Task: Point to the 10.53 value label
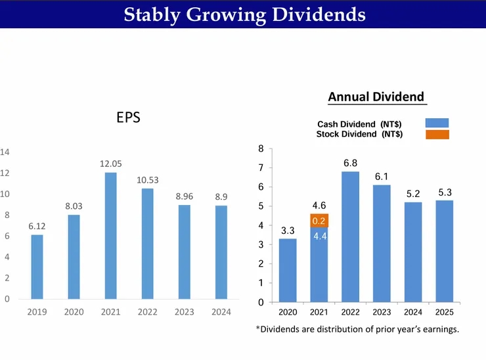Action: tap(148, 180)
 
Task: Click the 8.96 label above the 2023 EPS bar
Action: tap(185, 196)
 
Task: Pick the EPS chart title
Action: tap(128, 118)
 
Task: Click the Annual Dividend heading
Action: tap(376, 97)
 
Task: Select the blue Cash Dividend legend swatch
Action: tap(437, 123)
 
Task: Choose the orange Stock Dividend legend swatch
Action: tap(437, 134)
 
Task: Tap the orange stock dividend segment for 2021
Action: tap(319, 221)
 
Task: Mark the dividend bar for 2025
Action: tap(444, 251)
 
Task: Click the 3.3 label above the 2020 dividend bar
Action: tap(287, 231)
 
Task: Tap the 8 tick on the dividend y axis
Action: tap(261, 149)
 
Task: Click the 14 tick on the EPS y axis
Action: tap(5, 152)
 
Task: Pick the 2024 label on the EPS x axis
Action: tap(221, 312)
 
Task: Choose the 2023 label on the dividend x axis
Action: tap(381, 311)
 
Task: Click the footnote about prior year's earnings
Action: tap(357, 329)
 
